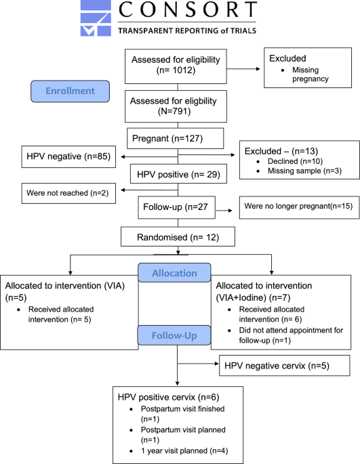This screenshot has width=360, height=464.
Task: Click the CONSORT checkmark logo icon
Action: pyautogui.click(x=97, y=18)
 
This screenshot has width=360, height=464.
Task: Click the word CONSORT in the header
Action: pyautogui.click(x=188, y=12)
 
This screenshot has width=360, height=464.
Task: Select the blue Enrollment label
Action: pyautogui.click(x=71, y=91)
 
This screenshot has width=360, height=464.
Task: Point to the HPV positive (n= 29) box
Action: pyautogui.click(x=177, y=175)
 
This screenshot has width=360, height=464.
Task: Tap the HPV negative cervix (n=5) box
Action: pyautogui.click(x=283, y=366)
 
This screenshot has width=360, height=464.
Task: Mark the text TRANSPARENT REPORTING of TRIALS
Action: pyautogui.click(x=188, y=31)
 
